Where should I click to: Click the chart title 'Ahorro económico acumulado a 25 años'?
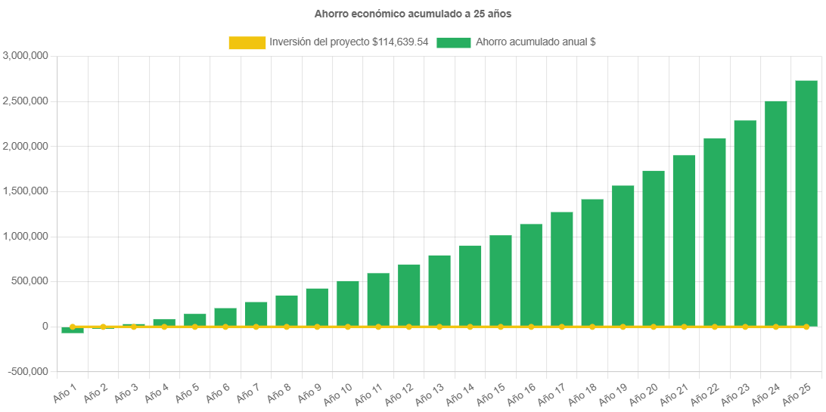(412, 14)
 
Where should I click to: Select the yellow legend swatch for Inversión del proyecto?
(247, 43)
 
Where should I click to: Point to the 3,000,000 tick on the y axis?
(26, 55)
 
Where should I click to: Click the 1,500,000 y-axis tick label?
(26, 191)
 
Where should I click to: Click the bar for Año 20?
(654, 249)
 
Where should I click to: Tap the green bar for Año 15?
(501, 280)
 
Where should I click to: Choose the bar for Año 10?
(348, 303)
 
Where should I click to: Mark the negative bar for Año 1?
(73, 330)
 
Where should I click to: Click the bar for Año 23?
(745, 223)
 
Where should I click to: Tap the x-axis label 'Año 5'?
(188, 393)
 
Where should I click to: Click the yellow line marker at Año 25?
(806, 327)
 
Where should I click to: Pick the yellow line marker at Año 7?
(256, 327)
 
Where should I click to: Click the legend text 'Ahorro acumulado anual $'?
(536, 43)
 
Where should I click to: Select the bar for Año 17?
(562, 268)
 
